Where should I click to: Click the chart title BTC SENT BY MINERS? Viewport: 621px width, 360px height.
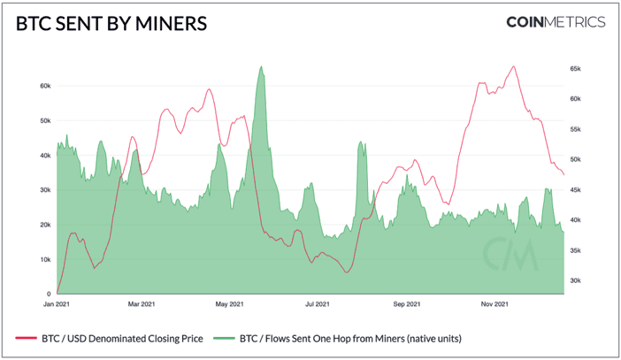[111, 23]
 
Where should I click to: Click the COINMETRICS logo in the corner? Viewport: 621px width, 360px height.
[556, 22]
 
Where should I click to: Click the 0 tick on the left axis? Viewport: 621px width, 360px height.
[49, 294]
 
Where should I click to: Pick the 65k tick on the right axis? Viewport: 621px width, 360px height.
[575, 68]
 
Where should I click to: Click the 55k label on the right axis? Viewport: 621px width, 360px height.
[575, 129]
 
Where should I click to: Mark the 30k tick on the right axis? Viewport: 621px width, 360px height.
[575, 281]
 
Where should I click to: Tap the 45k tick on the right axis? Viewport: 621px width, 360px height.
[575, 190]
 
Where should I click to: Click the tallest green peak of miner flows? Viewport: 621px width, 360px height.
[261, 67]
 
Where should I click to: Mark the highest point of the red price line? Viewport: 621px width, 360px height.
[513, 66]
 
